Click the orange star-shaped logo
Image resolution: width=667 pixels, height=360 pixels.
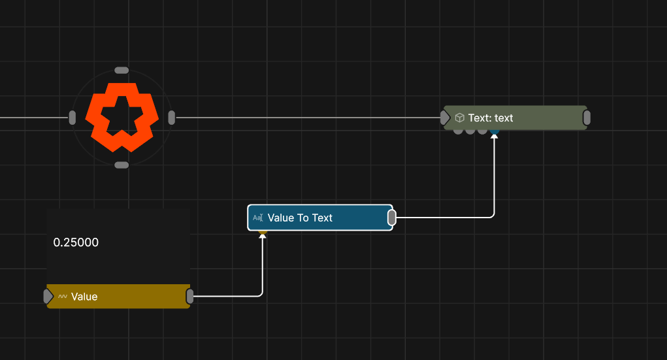coord(122,118)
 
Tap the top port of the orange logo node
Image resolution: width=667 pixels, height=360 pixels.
coord(122,70)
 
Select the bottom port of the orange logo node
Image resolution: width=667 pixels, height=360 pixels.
coord(122,165)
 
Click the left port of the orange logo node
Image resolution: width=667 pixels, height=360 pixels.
coord(73,118)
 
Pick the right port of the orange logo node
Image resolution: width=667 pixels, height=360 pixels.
coord(171,118)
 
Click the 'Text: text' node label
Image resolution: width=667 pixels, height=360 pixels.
coord(491,118)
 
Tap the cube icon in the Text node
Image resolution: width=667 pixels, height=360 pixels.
coord(459,118)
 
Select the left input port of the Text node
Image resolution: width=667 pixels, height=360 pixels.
coord(445,118)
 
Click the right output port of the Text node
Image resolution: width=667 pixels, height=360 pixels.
coord(587,118)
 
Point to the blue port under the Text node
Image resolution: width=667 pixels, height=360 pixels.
coord(495,132)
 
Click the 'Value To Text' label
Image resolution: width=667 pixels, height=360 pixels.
coord(300,218)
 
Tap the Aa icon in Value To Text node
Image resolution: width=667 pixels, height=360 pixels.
coord(258,218)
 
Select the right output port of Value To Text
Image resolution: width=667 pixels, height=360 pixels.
coord(392,218)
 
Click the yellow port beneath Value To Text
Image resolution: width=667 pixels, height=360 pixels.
coord(263,232)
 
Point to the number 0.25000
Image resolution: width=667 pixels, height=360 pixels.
coord(76,242)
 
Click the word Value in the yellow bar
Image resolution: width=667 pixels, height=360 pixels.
coord(84,297)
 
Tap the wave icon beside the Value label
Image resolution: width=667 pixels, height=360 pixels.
coord(63,297)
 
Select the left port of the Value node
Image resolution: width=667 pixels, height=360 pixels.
coord(48,296)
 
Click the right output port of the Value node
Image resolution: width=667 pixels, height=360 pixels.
coord(189,296)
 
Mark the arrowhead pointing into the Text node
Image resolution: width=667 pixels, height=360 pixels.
coord(495,136)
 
